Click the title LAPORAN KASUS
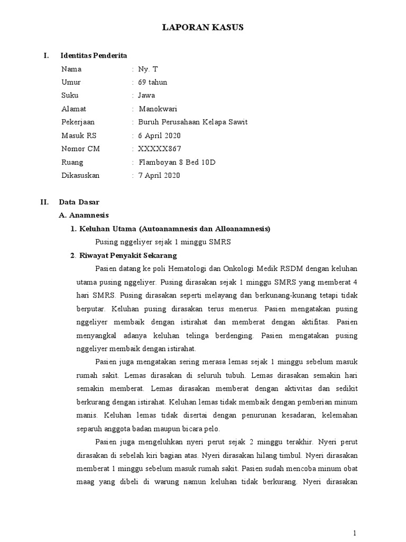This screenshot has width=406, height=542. tap(202, 28)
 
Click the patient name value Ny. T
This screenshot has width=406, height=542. tap(147, 69)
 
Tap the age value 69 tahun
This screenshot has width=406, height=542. tap(153, 82)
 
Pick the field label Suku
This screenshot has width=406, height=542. tap(70, 95)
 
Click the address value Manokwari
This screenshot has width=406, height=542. tap(158, 109)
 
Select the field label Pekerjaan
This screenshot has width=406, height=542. tap(78, 122)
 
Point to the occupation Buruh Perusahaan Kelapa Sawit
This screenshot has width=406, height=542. tap(192, 122)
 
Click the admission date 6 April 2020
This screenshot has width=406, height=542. tap(159, 135)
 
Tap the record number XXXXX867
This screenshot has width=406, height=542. tap(160, 149)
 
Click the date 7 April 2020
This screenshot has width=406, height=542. tap(159, 175)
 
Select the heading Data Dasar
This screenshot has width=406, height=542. tap(79, 202)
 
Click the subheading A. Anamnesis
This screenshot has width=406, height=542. tap(84, 215)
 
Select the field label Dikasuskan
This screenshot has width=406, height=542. tap(80, 175)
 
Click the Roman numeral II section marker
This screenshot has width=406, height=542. tap(45, 202)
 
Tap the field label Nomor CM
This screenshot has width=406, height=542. tap(80, 149)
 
